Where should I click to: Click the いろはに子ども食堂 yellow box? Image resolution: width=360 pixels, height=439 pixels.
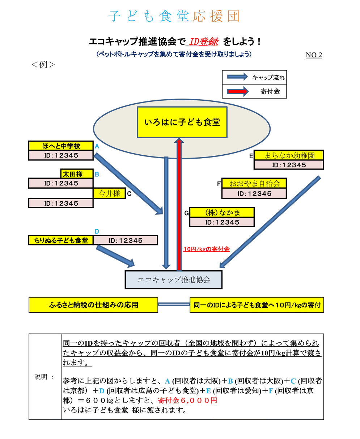point(182,122)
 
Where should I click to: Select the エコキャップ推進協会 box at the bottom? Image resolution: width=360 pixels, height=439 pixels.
point(173,280)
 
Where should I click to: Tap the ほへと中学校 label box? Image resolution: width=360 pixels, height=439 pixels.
point(61,146)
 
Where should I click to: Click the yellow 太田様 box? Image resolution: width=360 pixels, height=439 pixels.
point(77,174)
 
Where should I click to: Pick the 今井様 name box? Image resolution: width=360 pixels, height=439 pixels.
point(109,193)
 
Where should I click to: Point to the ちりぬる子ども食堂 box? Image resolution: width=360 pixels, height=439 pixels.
point(61,240)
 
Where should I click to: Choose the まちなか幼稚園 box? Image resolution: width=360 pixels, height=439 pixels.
point(289,155)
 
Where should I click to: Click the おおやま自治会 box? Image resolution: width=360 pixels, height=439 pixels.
point(254,183)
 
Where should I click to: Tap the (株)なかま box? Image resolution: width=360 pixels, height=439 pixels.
point(222,212)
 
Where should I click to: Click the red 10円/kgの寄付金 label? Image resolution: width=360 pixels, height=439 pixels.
point(207,249)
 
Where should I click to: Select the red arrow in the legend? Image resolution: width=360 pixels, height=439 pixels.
point(238,91)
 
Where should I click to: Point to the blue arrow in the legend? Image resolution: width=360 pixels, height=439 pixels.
point(238,77)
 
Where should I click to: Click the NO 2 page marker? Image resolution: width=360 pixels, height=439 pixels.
point(314,55)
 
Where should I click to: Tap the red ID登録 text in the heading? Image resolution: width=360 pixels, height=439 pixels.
point(203,42)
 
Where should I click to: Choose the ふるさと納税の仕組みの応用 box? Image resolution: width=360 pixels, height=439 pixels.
point(93,305)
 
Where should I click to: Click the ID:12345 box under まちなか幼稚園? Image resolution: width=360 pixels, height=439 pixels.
point(289,165)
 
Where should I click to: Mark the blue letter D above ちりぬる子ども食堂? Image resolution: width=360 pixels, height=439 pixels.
point(97,231)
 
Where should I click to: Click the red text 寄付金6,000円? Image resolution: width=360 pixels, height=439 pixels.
point(187,401)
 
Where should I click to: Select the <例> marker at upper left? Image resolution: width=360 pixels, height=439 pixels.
point(43,65)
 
